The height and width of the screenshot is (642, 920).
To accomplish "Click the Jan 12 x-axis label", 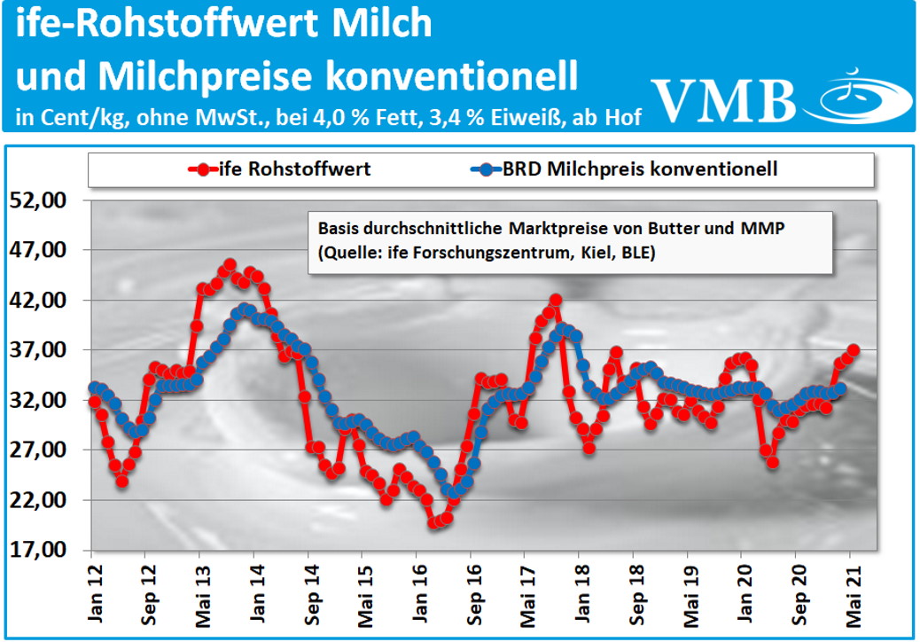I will tap(93, 586).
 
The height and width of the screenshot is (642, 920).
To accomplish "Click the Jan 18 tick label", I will tap(581, 586).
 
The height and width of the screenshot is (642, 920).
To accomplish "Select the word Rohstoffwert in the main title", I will tap(198, 24).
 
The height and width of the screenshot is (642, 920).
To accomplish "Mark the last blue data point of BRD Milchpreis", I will tap(840, 388).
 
